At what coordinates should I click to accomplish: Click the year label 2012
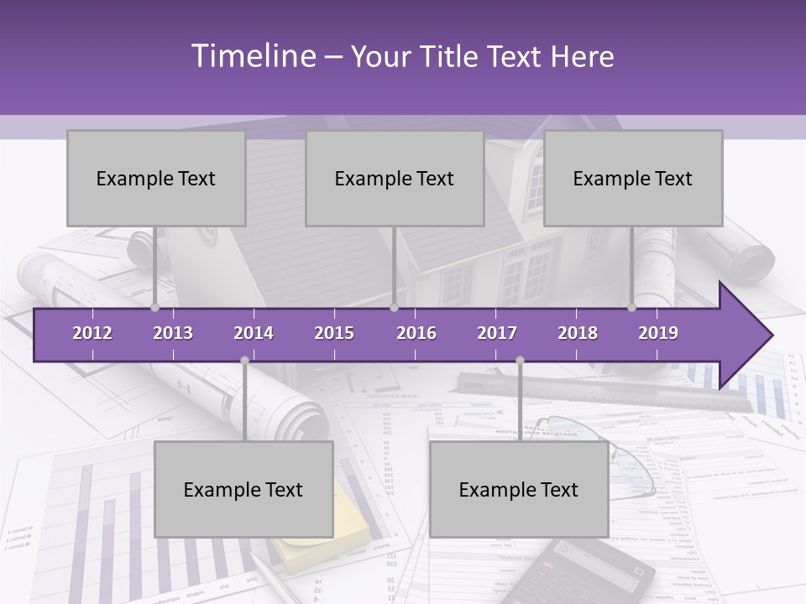[92, 333]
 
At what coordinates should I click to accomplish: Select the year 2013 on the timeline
[173, 333]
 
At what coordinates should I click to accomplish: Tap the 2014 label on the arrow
[254, 333]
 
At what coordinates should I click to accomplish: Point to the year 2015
[334, 333]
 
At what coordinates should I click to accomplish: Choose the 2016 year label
[416, 333]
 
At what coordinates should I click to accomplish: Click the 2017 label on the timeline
[497, 333]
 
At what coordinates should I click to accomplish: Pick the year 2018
[578, 333]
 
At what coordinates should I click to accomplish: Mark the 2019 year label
[658, 333]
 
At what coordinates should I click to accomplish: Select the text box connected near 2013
[156, 178]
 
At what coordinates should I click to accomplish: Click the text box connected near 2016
[395, 178]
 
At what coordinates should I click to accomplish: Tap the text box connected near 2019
[633, 178]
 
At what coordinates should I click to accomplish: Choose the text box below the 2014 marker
[243, 489]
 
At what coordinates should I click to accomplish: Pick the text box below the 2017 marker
[519, 489]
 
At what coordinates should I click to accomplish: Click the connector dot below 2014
[244, 360]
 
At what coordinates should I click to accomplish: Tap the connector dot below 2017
[520, 360]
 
